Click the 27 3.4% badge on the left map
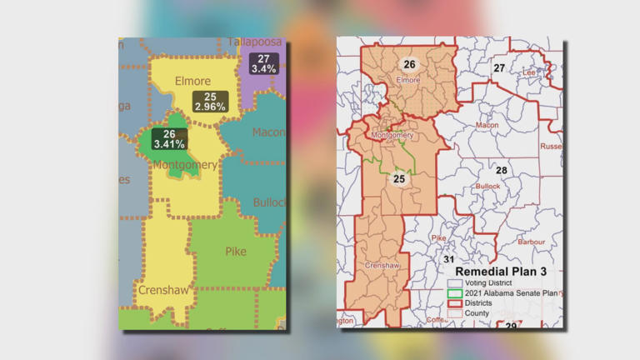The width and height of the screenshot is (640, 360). [x=264, y=63]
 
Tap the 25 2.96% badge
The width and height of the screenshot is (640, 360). [x=210, y=102]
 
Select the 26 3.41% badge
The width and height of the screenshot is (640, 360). [x=169, y=138]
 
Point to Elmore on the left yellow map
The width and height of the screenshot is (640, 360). [x=193, y=81]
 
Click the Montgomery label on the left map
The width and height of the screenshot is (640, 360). [x=184, y=165]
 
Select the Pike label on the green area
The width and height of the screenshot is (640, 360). [x=236, y=251]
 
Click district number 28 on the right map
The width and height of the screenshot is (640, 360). [x=502, y=171]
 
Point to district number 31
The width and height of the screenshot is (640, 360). [x=449, y=259]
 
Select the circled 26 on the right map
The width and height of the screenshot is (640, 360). [x=409, y=64]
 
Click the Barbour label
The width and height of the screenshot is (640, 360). [x=531, y=242]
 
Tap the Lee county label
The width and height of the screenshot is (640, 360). [x=528, y=72]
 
